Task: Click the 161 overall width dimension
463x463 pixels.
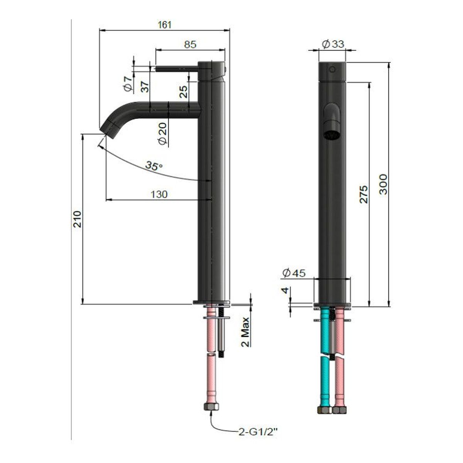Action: click(x=164, y=25)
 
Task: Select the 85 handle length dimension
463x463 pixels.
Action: click(x=190, y=44)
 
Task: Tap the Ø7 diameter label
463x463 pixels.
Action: click(x=128, y=83)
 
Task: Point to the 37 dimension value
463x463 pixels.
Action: click(x=145, y=87)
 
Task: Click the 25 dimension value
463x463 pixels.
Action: click(x=184, y=91)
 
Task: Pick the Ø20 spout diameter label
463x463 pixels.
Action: click(x=162, y=134)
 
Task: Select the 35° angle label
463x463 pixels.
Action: click(x=154, y=166)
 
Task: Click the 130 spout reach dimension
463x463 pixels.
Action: click(x=159, y=194)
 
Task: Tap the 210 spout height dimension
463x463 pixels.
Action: click(x=78, y=219)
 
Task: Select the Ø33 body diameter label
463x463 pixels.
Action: click(x=332, y=44)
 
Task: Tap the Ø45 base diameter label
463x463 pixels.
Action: click(x=294, y=273)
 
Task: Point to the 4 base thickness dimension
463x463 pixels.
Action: click(x=286, y=291)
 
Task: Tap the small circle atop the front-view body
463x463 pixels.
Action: click(x=332, y=70)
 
